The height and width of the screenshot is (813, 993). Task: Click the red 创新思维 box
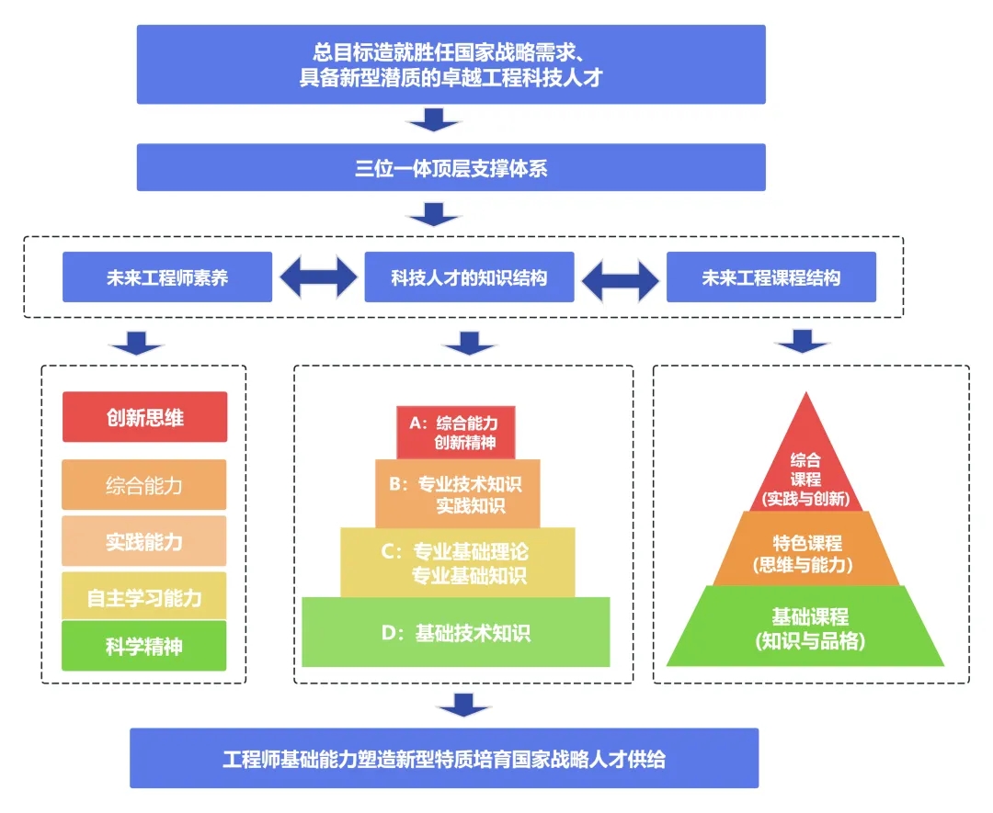tap(145, 417)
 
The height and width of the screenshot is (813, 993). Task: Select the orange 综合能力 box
tap(144, 485)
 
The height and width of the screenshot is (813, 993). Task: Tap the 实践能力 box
tap(144, 541)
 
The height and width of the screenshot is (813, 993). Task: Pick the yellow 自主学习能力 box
tap(144, 596)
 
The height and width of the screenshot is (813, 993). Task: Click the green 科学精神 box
tap(144, 645)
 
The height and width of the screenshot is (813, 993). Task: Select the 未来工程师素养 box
tap(167, 277)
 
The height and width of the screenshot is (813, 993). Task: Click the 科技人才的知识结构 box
tap(469, 277)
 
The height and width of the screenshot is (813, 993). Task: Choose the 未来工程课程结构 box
tap(771, 277)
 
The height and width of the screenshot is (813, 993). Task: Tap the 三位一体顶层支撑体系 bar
tap(451, 168)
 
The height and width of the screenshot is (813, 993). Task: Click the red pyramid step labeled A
tap(456, 433)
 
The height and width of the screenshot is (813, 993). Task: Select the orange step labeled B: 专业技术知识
tap(458, 494)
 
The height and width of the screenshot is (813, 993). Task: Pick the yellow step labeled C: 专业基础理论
tap(458, 562)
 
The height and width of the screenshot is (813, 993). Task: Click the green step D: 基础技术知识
tap(456, 632)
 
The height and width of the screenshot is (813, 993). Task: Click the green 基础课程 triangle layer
tap(805, 627)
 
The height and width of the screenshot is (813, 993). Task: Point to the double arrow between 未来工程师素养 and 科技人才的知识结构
tap(318, 277)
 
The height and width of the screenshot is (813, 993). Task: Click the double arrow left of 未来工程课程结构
tap(621, 281)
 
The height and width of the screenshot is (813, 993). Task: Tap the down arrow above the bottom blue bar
tap(464, 705)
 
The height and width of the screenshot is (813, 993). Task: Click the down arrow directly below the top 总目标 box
tap(434, 119)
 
